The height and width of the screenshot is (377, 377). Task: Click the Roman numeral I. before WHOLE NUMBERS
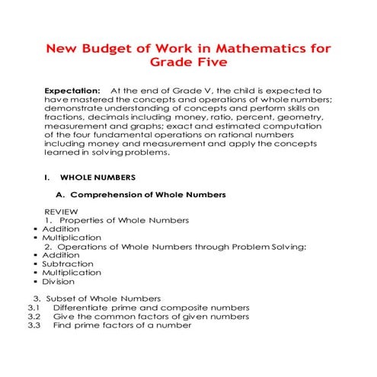pos(47,177)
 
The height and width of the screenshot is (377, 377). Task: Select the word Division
pos(59,281)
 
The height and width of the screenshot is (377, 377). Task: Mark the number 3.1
pos(33,307)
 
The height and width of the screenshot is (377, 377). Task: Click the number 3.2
pos(33,316)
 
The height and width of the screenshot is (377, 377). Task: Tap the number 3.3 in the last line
pos(33,325)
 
